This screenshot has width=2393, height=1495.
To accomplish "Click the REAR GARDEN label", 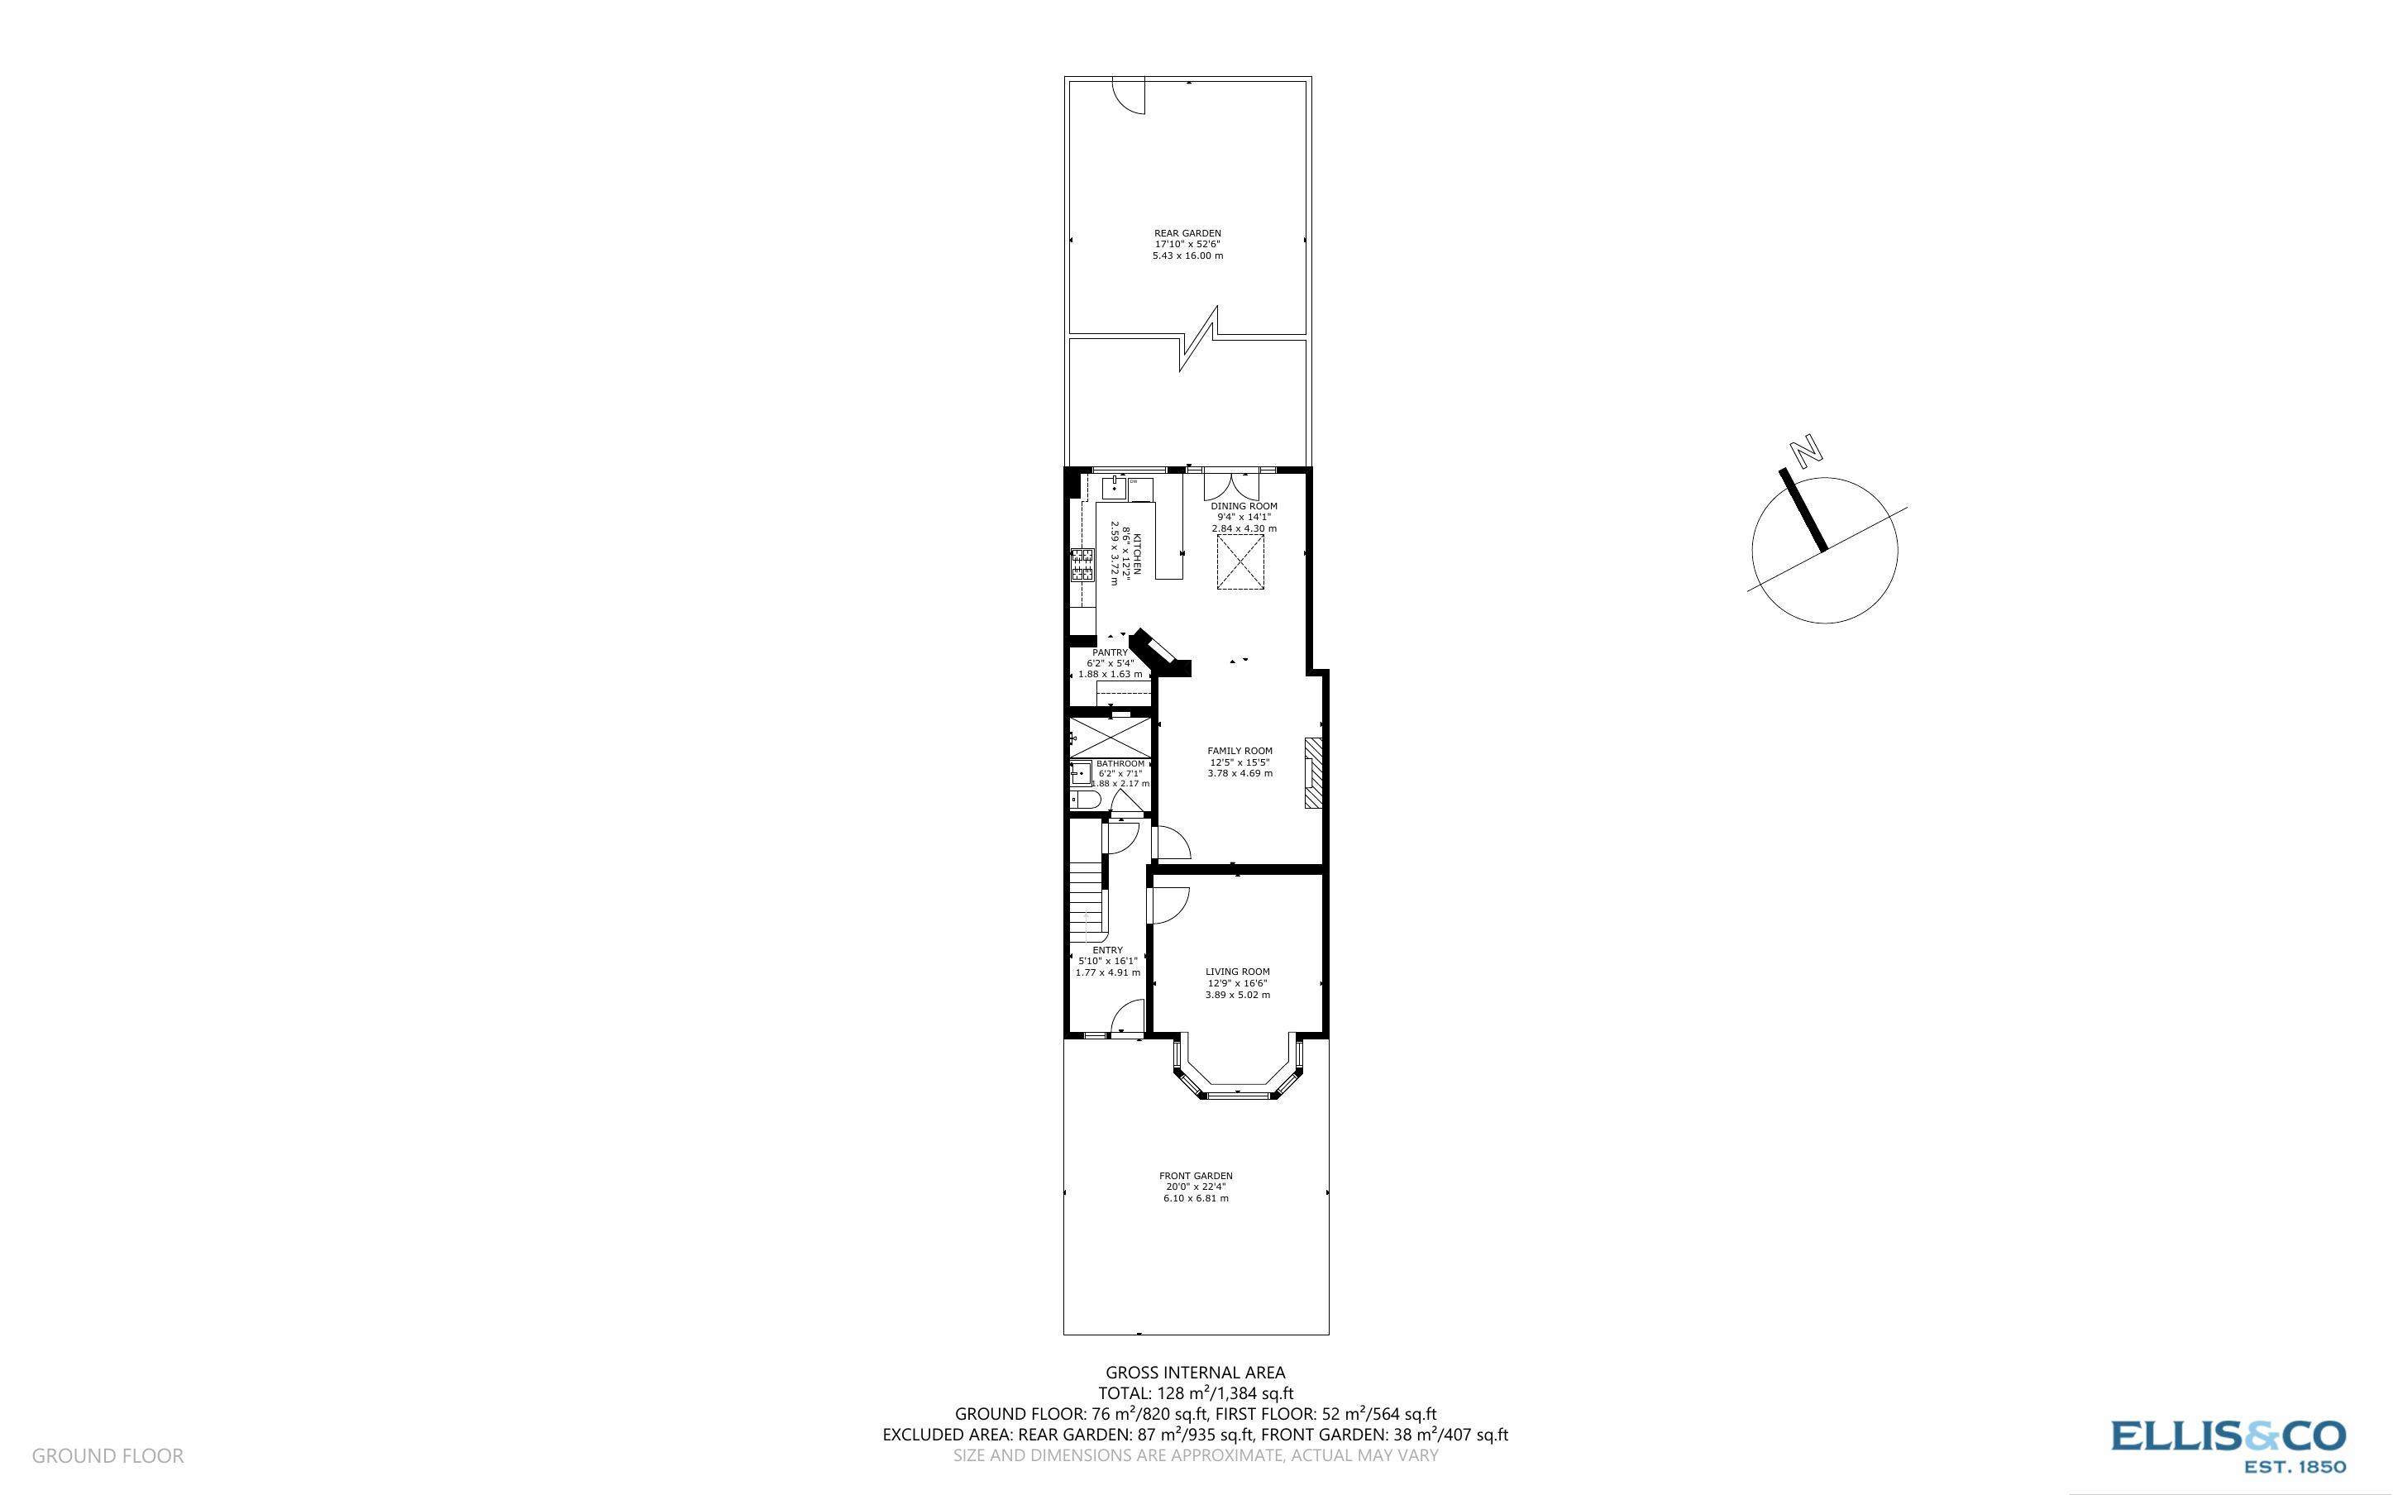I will tap(1187, 233).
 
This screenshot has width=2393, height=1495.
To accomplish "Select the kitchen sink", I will tap(1115, 488).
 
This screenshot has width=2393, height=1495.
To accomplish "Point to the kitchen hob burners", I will tap(1082, 564).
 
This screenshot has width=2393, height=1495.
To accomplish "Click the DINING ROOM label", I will tap(1244, 506).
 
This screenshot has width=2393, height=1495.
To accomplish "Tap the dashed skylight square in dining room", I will tap(1240, 562).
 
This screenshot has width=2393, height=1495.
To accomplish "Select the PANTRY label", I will tap(1110, 652).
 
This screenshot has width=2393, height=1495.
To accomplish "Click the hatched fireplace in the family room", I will tap(1312, 773).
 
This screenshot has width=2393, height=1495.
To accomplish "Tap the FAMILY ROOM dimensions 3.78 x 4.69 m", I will tap(1239, 773).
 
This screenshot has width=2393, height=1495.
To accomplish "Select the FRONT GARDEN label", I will tap(1196, 1176).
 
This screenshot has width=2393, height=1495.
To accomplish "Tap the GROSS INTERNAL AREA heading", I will tap(1195, 1373).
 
